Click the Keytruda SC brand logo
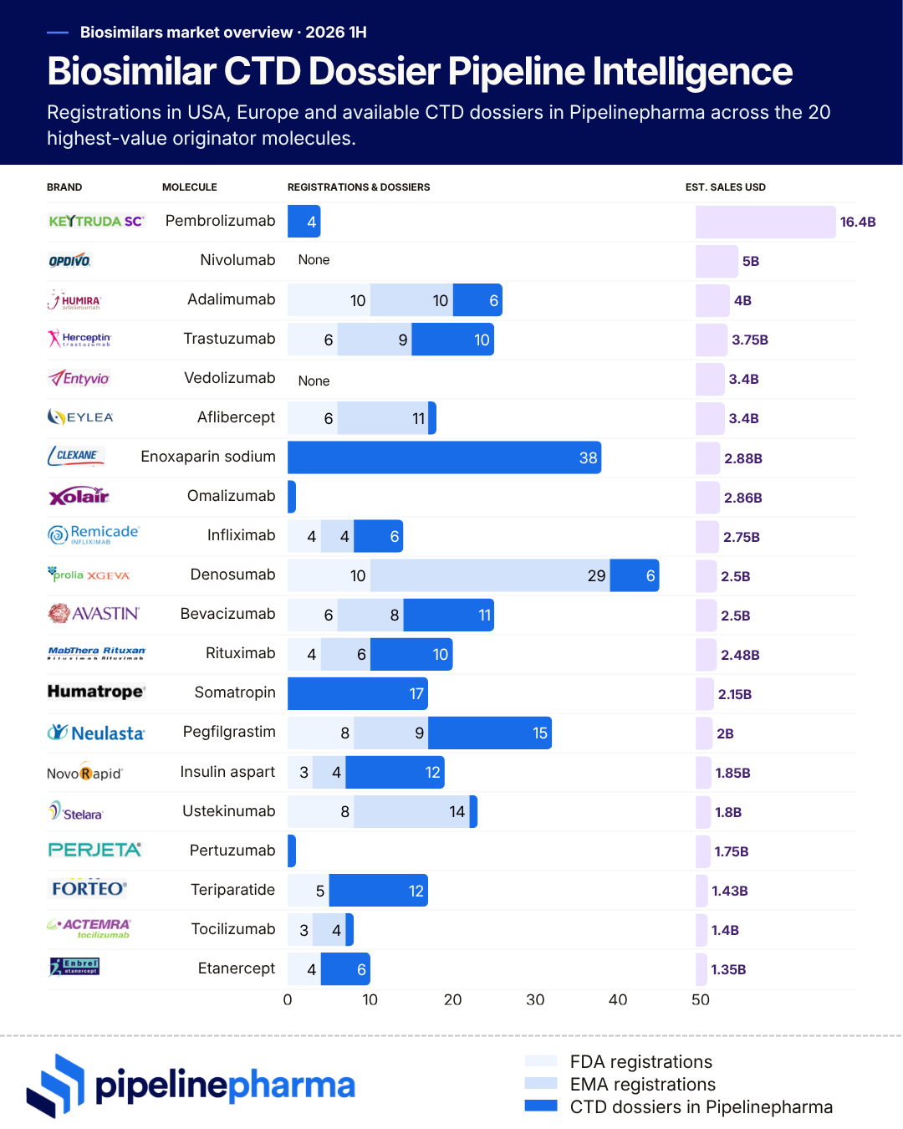tap(96, 221)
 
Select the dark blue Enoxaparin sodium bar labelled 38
tap(444, 457)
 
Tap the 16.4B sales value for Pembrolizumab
tap(857, 222)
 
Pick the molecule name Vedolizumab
tap(229, 378)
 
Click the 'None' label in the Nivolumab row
tap(314, 260)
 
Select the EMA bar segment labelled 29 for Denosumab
tap(490, 575)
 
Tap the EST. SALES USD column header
tap(725, 187)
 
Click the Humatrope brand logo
tap(96, 692)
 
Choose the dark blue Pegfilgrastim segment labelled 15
tap(489, 733)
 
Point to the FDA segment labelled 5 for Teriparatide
tap(308, 890)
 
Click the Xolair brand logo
tap(79, 496)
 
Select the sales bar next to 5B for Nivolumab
tap(717, 261)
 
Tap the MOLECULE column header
tap(190, 187)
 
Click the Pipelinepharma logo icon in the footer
tap(56, 1085)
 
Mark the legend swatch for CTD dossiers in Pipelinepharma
tap(540, 1106)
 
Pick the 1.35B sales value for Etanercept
tap(728, 969)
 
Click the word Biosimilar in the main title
tap(132, 71)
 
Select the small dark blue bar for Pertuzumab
tap(292, 851)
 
